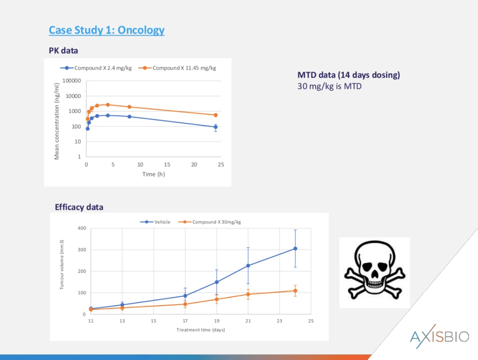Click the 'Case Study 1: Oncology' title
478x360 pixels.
[x=107, y=30]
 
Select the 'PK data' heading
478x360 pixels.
[x=64, y=51]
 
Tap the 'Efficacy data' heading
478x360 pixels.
[x=79, y=207]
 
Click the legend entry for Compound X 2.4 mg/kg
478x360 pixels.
[x=96, y=68]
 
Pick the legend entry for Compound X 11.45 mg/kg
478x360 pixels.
[x=177, y=68]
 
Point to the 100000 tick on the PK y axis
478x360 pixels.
[x=72, y=81]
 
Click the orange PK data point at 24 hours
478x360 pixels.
[x=215, y=115]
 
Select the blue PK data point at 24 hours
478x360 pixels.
[x=215, y=127]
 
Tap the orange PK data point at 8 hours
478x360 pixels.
[x=129, y=107]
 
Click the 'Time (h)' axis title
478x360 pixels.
[x=153, y=174]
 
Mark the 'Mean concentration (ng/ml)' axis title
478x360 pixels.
[x=57, y=121]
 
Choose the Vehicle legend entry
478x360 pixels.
[x=155, y=222]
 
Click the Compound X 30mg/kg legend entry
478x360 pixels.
[x=209, y=222]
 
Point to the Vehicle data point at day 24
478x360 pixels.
[x=295, y=249]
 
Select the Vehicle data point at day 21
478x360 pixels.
[x=248, y=266]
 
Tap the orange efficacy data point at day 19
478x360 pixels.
[x=217, y=299]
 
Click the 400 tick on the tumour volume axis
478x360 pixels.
[x=82, y=228]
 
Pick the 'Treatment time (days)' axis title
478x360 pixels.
[x=201, y=330]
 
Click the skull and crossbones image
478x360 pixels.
[x=374, y=272]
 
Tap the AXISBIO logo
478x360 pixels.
[x=440, y=336]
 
